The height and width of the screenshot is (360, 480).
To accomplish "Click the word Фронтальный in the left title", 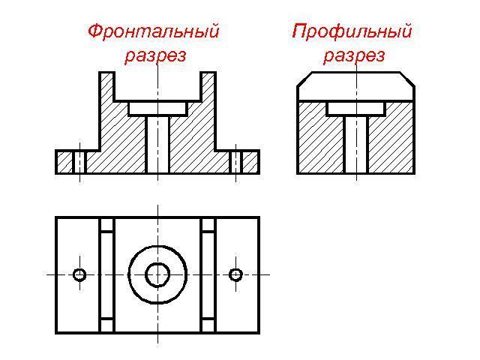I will click(153, 31).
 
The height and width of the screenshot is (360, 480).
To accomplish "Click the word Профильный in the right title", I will click(352, 31).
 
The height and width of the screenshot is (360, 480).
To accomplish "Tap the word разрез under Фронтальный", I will click(154, 55).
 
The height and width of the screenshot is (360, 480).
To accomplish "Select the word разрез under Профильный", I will click(354, 55).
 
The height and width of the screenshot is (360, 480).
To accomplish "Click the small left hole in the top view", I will click(79, 275).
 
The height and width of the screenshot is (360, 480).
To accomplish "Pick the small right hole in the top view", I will click(235, 275).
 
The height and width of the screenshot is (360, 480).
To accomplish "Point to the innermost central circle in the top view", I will click(157, 275).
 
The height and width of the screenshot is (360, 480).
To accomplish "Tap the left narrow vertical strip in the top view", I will click(107, 275).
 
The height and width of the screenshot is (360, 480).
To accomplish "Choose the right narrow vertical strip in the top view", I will click(208, 275).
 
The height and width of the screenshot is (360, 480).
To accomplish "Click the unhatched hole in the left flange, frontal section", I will click(79, 162).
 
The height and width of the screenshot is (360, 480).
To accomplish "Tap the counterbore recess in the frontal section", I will click(157, 109).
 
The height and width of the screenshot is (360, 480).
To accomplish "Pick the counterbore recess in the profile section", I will click(356, 109).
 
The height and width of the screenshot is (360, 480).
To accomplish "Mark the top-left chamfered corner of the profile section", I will click(305, 79).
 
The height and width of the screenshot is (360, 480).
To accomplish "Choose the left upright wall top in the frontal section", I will click(106, 75).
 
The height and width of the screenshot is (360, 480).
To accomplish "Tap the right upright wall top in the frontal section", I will click(208, 75).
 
